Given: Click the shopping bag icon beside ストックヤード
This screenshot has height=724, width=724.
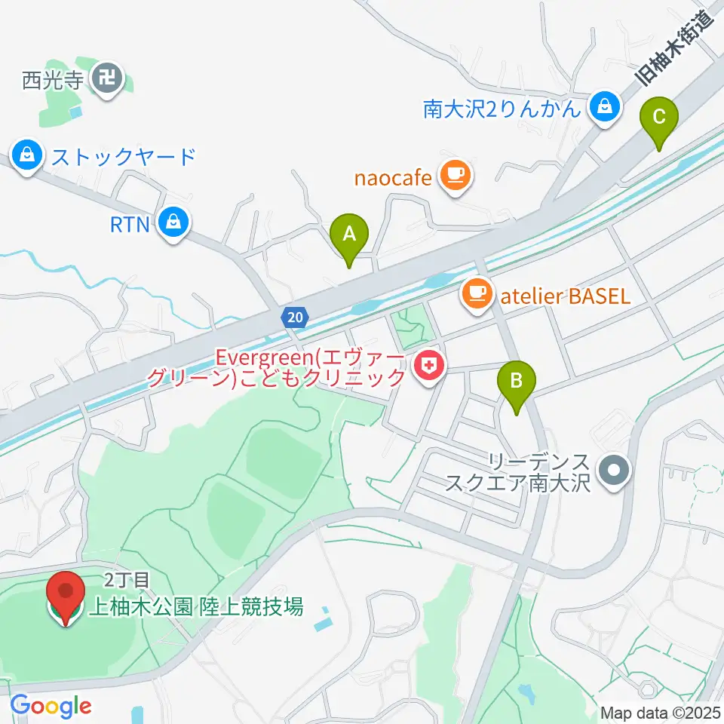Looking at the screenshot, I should (x=27, y=157).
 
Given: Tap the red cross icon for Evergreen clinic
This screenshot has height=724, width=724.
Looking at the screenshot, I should (x=428, y=368).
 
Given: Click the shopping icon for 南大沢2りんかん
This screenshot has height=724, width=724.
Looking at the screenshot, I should (x=605, y=108).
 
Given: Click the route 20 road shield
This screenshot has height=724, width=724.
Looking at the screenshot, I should (x=295, y=318).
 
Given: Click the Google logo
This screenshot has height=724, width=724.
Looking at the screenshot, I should (x=51, y=707).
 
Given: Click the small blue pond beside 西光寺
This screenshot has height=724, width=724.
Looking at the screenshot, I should (x=74, y=112).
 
